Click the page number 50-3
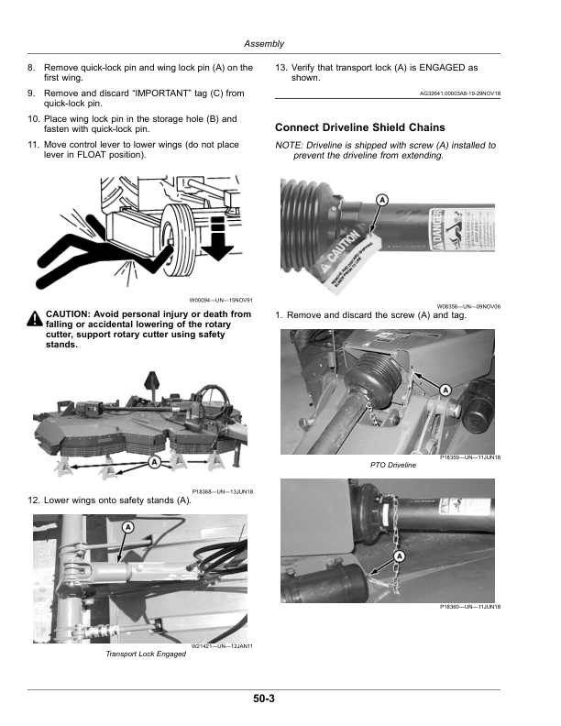265,698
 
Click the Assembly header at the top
265,44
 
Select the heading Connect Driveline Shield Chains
359,127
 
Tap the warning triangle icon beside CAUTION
34,318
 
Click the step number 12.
33,500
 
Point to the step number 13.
281,67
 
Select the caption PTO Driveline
393,465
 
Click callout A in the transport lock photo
126,528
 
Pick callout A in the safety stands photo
155,462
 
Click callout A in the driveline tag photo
381,200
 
